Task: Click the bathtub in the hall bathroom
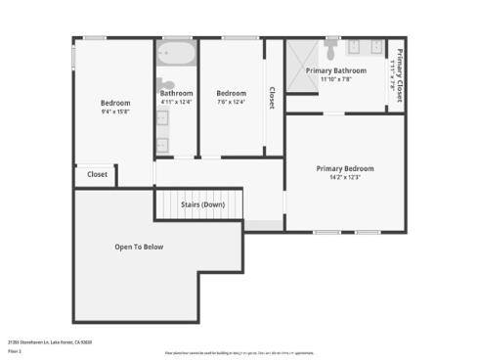coord(176,52)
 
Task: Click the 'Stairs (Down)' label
coord(199,204)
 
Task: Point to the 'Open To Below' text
coord(139,247)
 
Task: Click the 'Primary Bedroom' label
coord(344,168)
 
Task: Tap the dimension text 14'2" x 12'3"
coord(344,178)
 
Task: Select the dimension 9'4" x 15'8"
coord(115,112)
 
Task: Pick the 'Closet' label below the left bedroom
coord(97,174)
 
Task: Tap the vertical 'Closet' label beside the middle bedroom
coord(272,97)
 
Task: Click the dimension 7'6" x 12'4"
coord(231,102)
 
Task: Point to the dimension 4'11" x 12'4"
coord(176,102)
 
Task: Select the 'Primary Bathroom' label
coord(335,70)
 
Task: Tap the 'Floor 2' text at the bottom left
coord(15,349)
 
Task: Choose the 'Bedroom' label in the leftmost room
coord(115,103)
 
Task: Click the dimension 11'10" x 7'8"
coord(335,79)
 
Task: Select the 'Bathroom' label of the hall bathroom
coord(176,94)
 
